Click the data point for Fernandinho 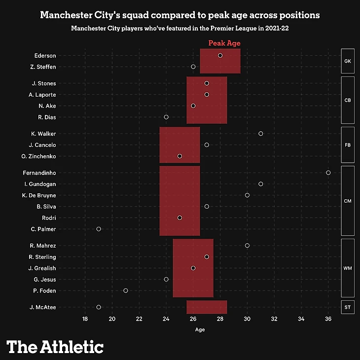(328, 173)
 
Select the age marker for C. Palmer (99, 229)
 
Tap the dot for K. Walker (261, 134)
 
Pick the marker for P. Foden (126, 290)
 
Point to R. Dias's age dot (166, 117)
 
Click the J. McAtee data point (99, 307)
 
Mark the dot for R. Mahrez (247, 246)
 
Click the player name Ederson (45, 56)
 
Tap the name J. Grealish (42, 268)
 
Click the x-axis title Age (200, 329)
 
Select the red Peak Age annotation (224, 43)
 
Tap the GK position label (347, 61)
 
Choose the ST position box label (347, 307)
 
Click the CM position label (347, 201)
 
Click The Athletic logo (55, 347)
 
